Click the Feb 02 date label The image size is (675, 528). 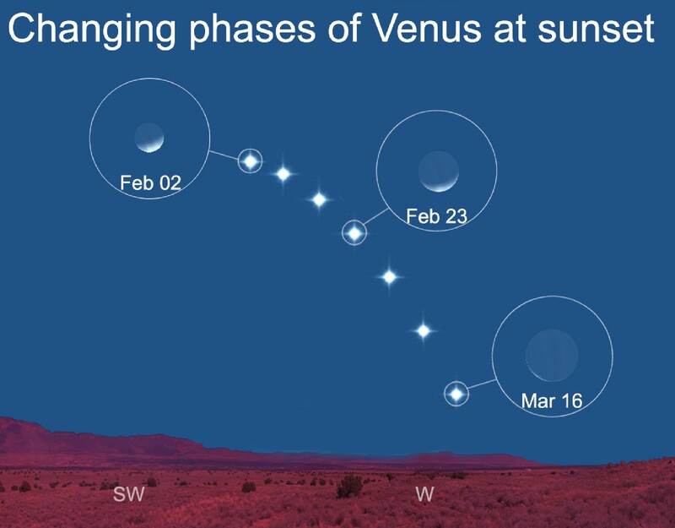click(150, 182)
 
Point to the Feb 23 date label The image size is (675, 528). click(436, 216)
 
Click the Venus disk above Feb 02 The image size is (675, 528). click(149, 138)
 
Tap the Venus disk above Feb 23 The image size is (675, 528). click(439, 171)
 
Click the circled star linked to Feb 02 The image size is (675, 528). click(251, 161)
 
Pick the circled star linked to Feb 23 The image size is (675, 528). click(355, 232)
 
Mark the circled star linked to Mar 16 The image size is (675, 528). click(456, 393)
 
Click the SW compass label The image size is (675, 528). click(128, 494)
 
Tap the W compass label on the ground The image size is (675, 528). click(424, 494)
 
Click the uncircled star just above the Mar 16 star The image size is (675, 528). click(424, 331)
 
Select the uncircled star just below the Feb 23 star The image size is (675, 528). click(389, 276)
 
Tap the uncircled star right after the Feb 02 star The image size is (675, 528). click(283, 174)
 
